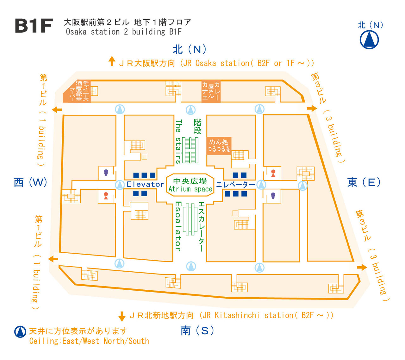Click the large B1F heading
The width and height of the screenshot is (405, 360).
coord(34,26)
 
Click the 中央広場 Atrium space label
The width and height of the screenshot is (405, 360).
coord(190,185)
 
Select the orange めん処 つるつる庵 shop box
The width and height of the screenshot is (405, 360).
coord(219,146)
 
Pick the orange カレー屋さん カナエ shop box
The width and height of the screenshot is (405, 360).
coord(211,91)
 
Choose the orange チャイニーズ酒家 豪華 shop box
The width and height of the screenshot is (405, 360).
coord(77,91)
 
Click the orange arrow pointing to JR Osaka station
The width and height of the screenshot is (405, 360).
coord(112,61)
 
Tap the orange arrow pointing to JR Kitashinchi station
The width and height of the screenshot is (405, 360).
coord(122,316)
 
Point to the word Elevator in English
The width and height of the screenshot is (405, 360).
coord(145,184)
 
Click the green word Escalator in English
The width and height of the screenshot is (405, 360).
coord(178,226)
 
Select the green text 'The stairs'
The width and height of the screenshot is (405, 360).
coord(178,142)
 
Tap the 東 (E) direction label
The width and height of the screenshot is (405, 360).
coord(364,182)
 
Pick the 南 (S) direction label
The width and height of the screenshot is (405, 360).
coord(197,330)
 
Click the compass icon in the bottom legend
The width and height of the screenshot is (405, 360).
coord(20,332)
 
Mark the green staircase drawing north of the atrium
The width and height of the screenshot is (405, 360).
coord(190,150)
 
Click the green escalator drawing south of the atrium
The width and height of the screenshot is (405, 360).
coord(190,219)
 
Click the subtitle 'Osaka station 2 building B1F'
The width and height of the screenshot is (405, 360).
coord(124,32)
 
